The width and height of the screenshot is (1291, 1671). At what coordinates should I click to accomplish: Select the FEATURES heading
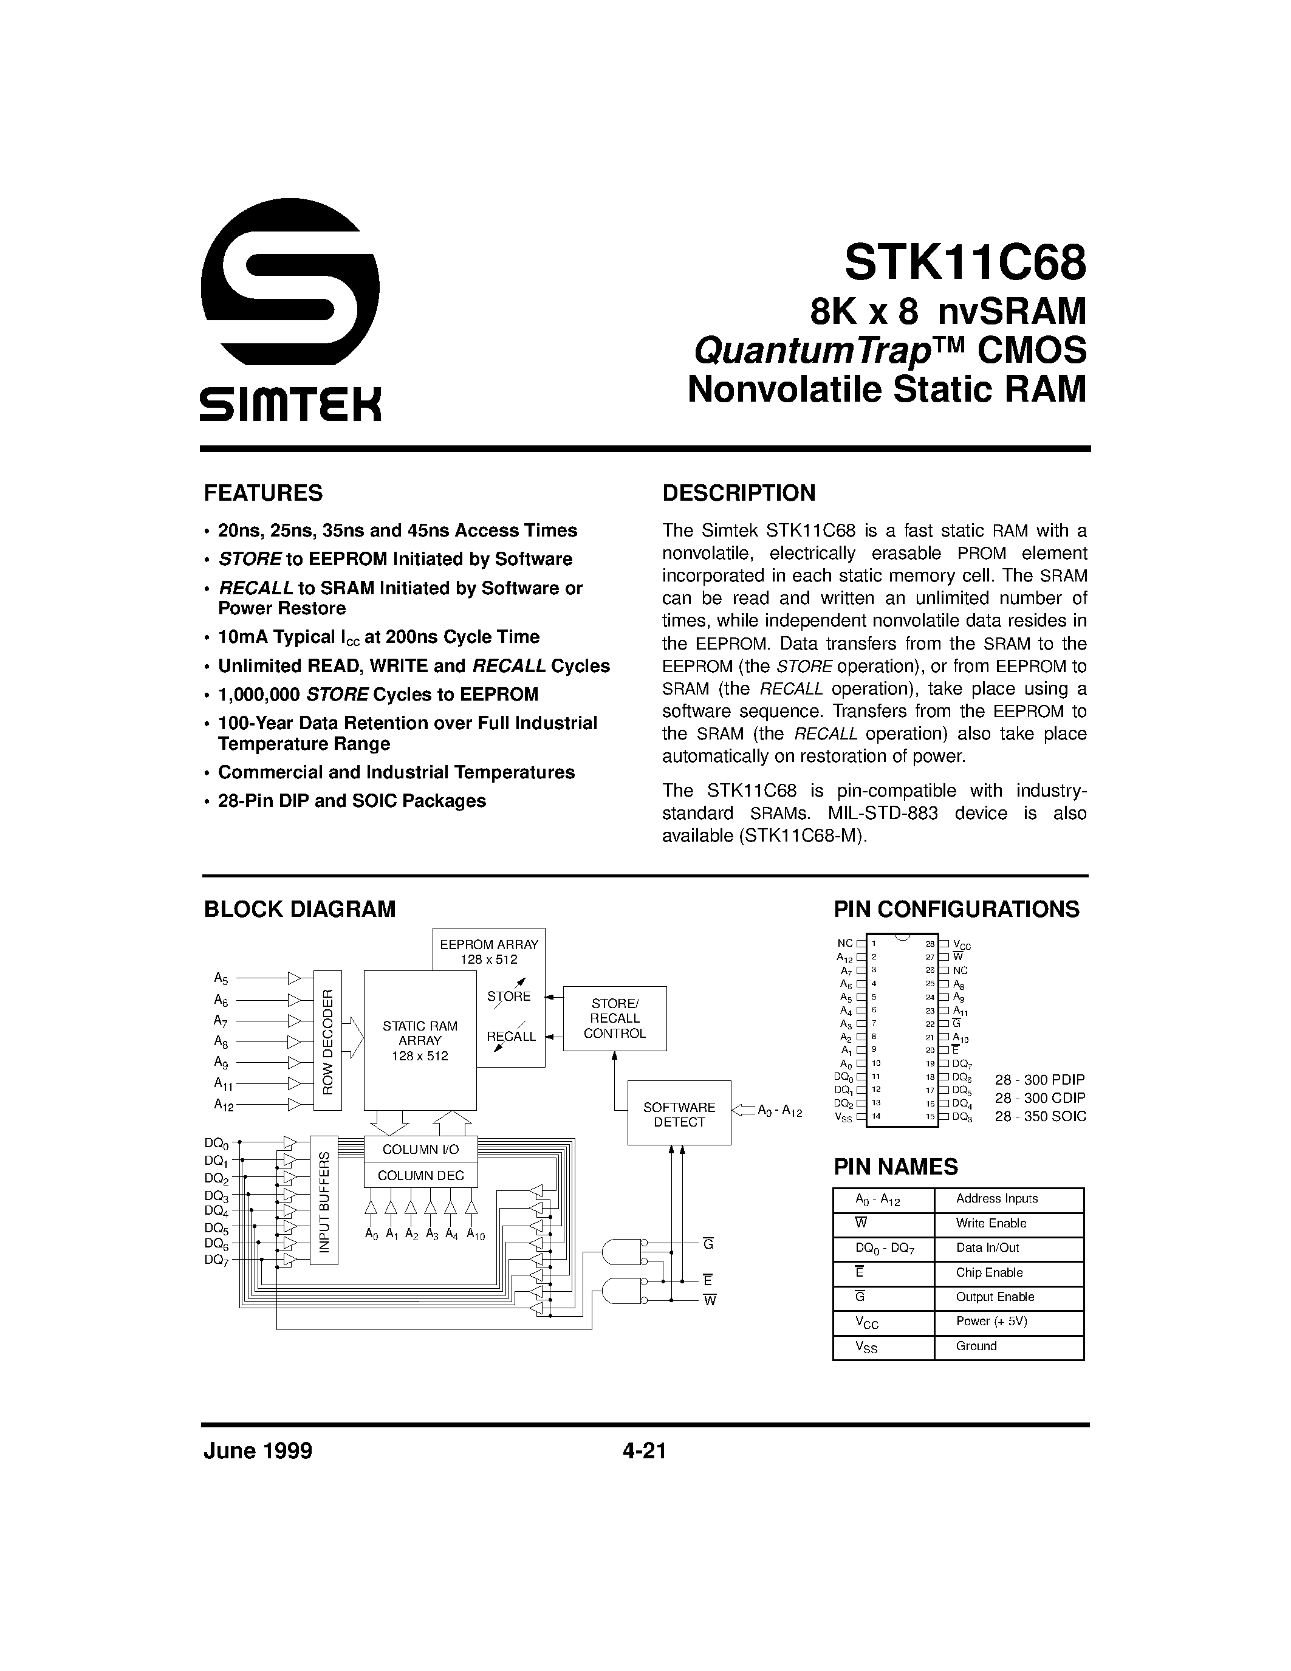pyautogui.click(x=263, y=493)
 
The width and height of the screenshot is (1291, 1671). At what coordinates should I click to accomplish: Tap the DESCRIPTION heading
pyautogui.click(x=739, y=493)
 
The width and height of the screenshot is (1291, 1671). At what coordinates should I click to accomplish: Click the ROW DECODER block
pyautogui.click(x=328, y=1040)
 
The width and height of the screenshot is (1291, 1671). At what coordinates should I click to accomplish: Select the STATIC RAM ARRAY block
pyautogui.click(x=420, y=1040)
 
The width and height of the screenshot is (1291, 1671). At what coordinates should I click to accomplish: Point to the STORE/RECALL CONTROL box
pyautogui.click(x=615, y=1018)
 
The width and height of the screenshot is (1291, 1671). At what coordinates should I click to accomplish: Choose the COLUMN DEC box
pyautogui.click(x=420, y=1175)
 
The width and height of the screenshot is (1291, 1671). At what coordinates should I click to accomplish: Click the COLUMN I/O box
pyautogui.click(x=420, y=1149)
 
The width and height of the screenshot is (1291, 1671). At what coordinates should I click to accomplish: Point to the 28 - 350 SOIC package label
pyautogui.click(x=1040, y=1116)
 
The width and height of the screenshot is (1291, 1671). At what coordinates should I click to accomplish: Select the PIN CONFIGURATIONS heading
pyautogui.click(x=956, y=909)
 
